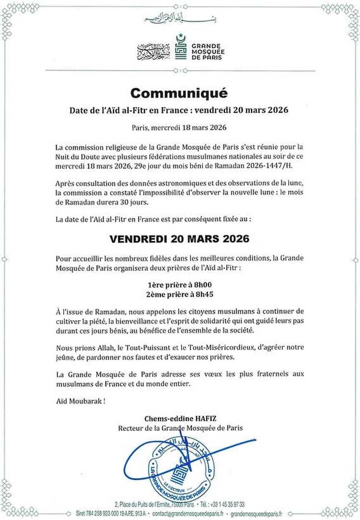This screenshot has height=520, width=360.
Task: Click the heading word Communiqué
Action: tap(179, 92)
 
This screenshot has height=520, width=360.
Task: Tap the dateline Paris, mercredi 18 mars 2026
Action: tap(179, 128)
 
